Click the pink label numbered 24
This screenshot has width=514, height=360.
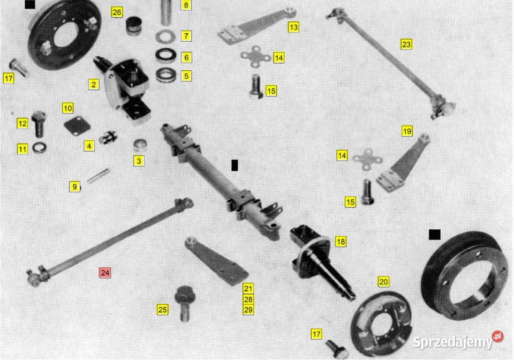[x=105, y=273]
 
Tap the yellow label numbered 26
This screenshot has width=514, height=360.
[x=117, y=12]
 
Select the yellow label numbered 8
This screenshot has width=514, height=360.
[x=186, y=5]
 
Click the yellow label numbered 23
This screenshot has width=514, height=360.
[x=406, y=44]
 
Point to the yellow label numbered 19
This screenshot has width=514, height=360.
[x=407, y=131]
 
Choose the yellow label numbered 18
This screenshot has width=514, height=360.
[x=341, y=242]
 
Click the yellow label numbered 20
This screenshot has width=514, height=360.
[x=383, y=282]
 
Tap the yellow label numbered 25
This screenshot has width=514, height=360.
[x=163, y=310]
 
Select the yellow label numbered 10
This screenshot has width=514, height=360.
[x=67, y=108]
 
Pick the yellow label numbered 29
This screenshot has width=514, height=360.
[x=248, y=310]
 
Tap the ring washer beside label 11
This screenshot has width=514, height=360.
[x=39, y=148]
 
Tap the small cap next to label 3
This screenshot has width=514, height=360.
[x=140, y=145]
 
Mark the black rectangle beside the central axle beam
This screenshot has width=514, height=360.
[x=235, y=166]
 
